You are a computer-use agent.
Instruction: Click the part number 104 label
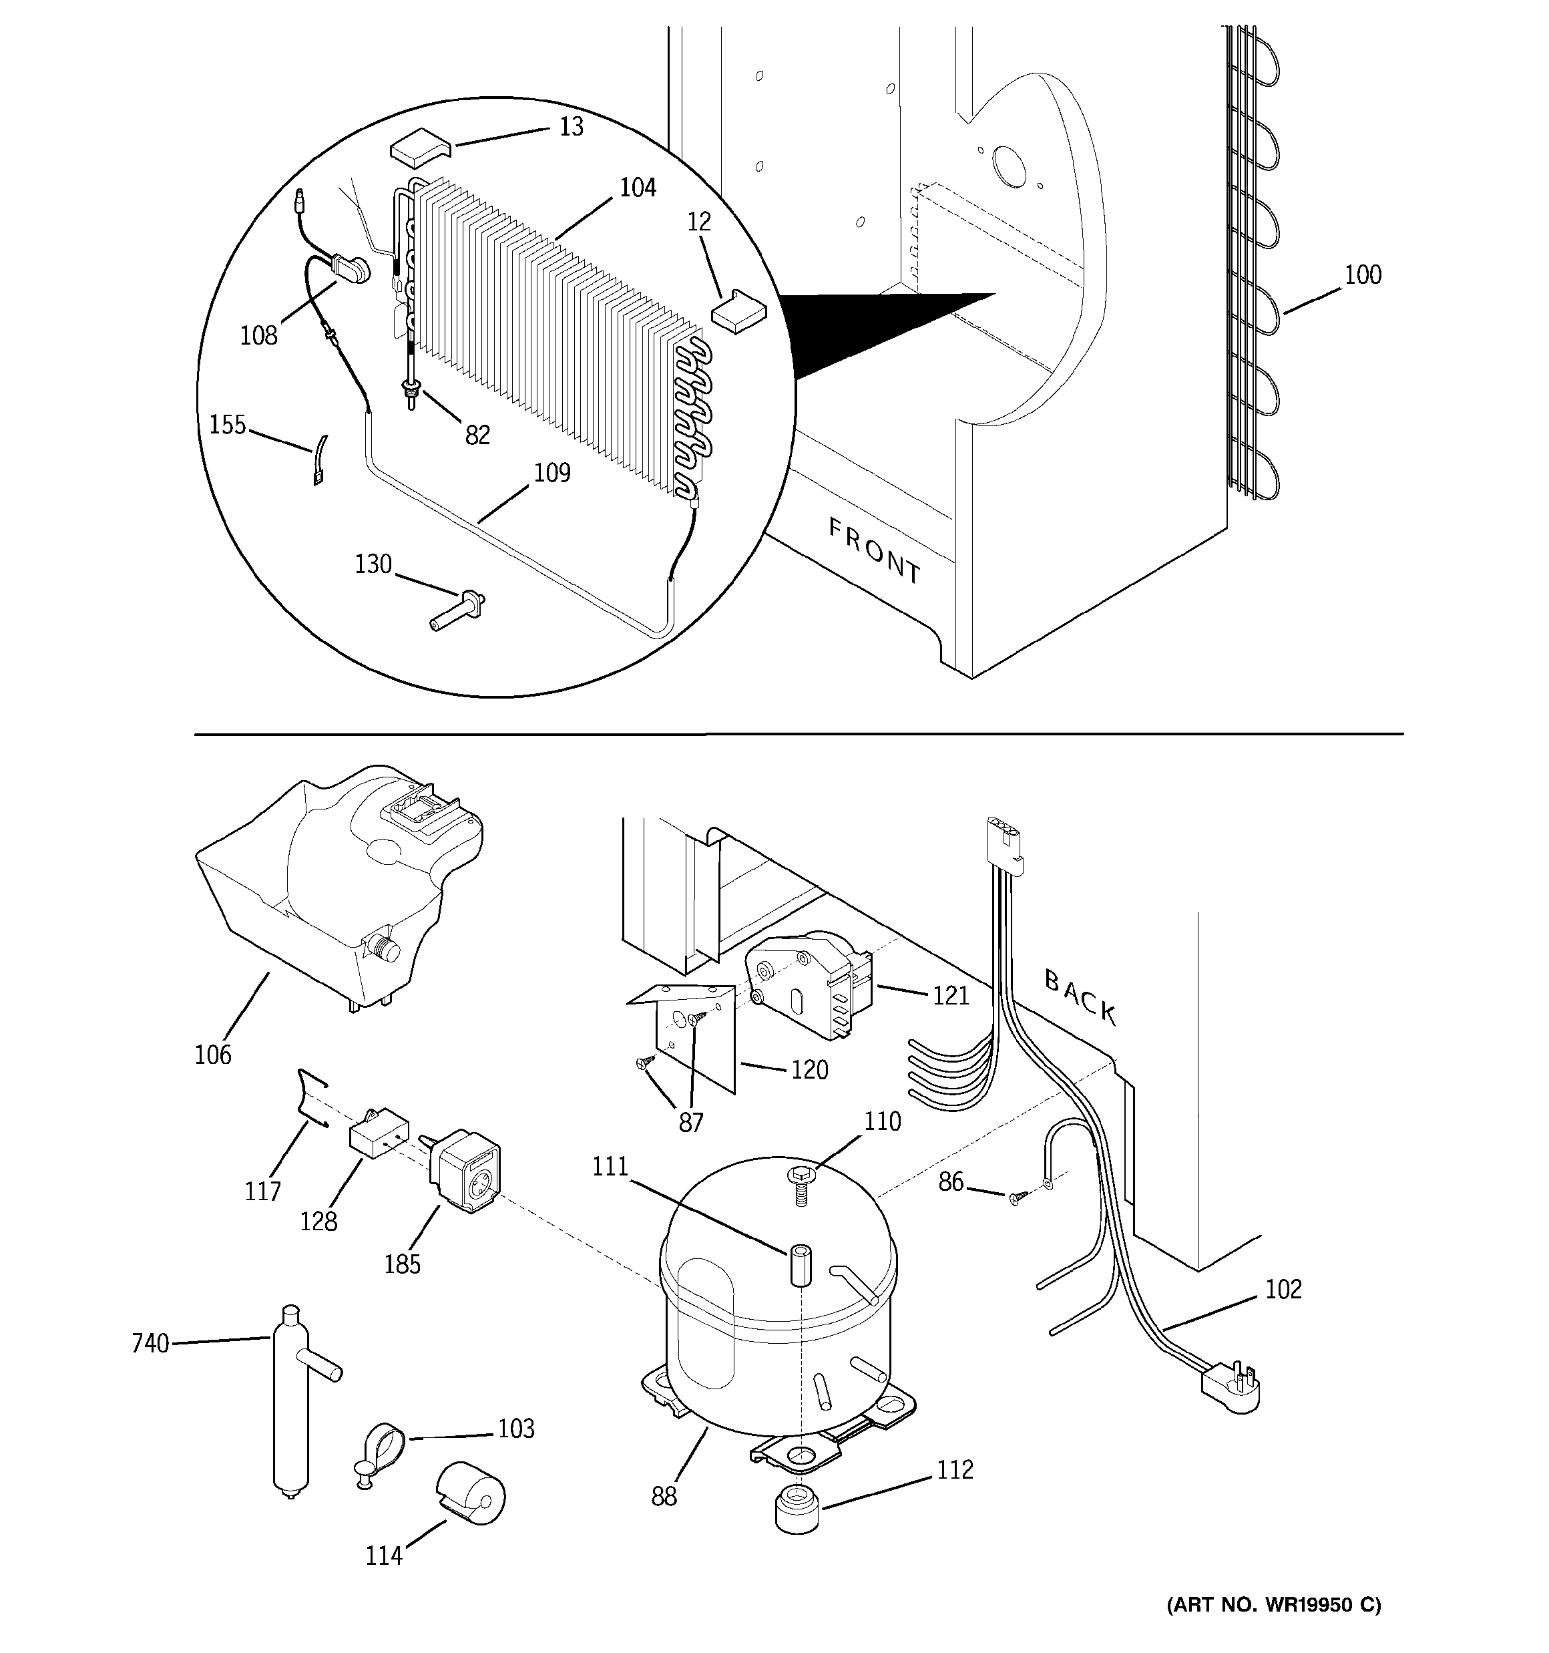point(638,188)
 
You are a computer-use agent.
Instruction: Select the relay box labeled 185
point(465,1172)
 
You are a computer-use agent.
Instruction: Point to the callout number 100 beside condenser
point(1362,274)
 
